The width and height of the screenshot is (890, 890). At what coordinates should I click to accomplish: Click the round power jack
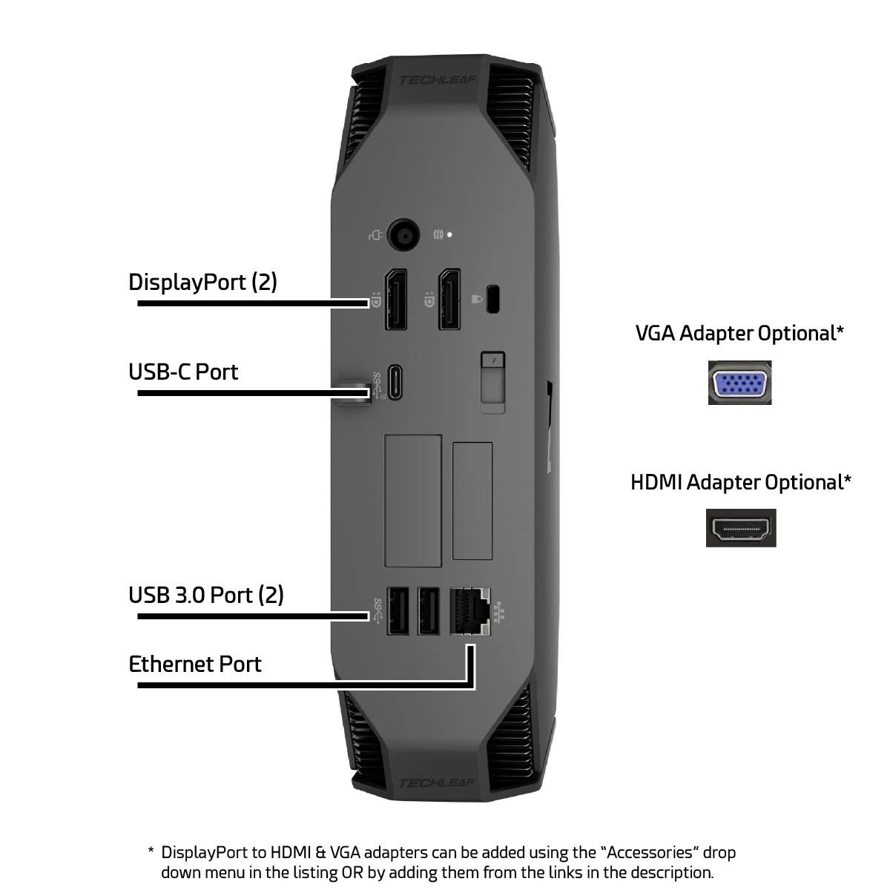pyautogui.click(x=403, y=235)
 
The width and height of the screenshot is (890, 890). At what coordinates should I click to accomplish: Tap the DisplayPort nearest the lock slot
pyautogui.click(x=449, y=300)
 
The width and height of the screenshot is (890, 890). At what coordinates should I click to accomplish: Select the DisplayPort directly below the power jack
pyautogui.click(x=396, y=300)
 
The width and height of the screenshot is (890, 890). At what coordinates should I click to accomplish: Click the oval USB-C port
pyautogui.click(x=395, y=383)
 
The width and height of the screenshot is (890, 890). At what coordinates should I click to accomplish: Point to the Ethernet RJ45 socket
pyautogui.click(x=470, y=611)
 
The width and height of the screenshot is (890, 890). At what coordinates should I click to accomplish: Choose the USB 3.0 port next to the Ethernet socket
pyautogui.click(x=428, y=610)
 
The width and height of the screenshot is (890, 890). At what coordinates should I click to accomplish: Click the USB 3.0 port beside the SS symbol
pyautogui.click(x=398, y=610)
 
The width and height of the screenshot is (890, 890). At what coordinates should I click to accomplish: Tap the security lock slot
pyautogui.click(x=493, y=300)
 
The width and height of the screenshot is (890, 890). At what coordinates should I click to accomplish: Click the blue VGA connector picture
pyautogui.click(x=740, y=383)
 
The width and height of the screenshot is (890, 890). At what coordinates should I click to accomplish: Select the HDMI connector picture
pyautogui.click(x=741, y=528)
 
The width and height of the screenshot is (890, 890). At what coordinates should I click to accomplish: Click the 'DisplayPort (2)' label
pyautogui.click(x=202, y=282)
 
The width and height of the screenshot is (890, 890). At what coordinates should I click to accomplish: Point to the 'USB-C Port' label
pyautogui.click(x=183, y=372)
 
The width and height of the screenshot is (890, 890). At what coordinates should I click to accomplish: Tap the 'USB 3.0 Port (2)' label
pyautogui.click(x=206, y=595)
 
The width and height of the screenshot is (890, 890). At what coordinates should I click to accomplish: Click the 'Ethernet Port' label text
pyautogui.click(x=195, y=664)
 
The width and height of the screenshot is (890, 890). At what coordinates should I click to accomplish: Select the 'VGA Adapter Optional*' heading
pyautogui.click(x=740, y=333)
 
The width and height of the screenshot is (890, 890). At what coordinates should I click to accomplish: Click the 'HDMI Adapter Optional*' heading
pyautogui.click(x=741, y=482)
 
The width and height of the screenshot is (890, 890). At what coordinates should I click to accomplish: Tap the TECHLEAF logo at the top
pyautogui.click(x=437, y=80)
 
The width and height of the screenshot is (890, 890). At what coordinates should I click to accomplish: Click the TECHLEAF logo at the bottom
pyautogui.click(x=436, y=783)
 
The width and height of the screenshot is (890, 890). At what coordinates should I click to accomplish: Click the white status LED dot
pyautogui.click(x=449, y=235)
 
